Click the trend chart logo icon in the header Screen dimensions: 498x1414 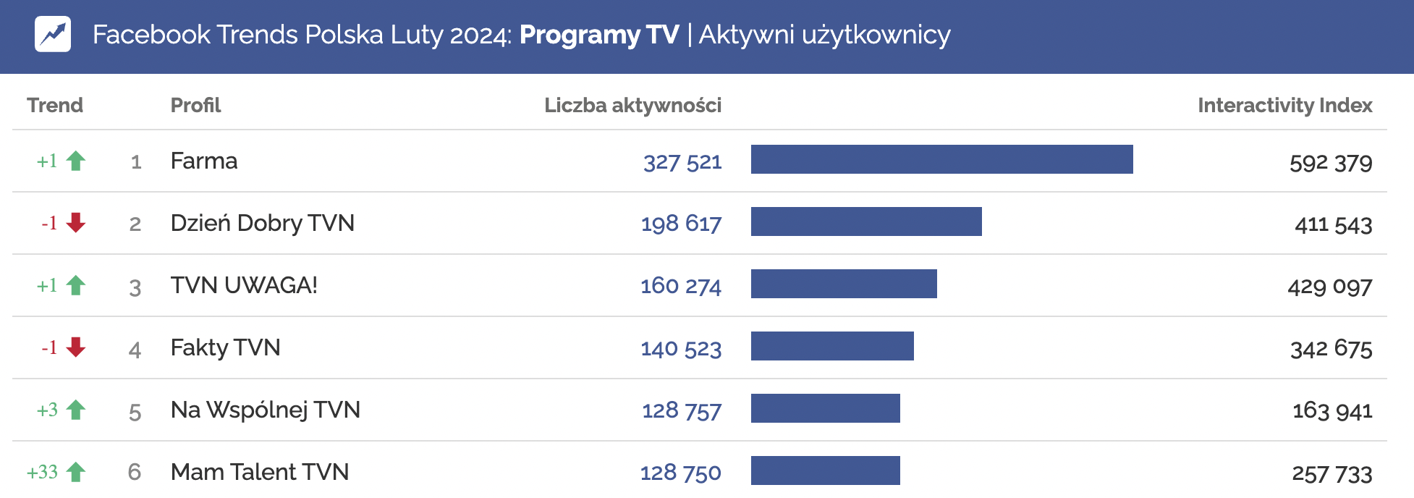(53, 34)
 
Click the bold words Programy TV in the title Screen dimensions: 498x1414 (599, 35)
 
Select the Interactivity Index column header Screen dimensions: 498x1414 (1284, 106)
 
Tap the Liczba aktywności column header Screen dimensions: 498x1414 (632, 106)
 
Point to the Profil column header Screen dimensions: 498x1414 (195, 106)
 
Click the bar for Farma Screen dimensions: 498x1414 (941, 159)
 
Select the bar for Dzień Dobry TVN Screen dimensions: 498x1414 (866, 221)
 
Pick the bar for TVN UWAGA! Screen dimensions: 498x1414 (844, 284)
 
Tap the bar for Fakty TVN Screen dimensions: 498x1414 (832, 346)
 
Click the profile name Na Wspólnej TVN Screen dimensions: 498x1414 (265, 410)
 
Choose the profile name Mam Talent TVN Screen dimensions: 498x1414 (260, 473)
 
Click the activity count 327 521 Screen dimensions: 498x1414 (682, 162)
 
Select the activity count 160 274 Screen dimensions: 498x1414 (681, 287)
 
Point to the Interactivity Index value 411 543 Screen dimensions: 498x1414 (1333, 225)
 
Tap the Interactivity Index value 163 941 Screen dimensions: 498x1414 (1332, 411)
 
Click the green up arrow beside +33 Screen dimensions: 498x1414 (76, 473)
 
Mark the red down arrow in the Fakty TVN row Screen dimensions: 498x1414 (76, 347)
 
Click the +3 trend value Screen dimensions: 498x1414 (48, 410)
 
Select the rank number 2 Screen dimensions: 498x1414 (135, 224)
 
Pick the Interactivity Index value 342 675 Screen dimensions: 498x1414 (1332, 350)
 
